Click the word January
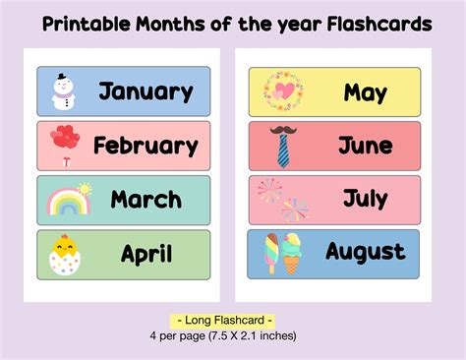[146, 92]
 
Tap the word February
[146, 147]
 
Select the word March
[146, 201]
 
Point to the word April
[146, 255]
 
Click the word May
[365, 93]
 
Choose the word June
[365, 147]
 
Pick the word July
[365, 201]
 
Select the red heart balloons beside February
[66, 141]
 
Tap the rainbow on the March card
[66, 202]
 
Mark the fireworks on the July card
[282, 200]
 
